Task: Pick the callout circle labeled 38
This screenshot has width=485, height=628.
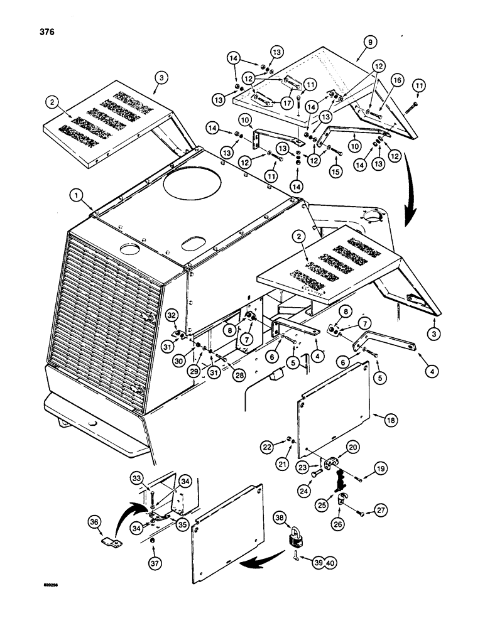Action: pos(281,517)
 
